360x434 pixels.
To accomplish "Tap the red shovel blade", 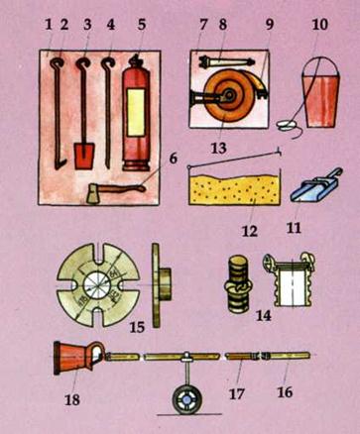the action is click(x=84, y=156).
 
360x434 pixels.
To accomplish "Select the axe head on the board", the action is click(x=94, y=194).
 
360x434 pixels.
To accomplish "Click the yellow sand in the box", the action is click(x=234, y=189).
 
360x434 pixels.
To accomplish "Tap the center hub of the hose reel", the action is click(x=229, y=96).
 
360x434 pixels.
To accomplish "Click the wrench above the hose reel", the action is click(x=226, y=61).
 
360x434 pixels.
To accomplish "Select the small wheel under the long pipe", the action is click(x=186, y=400).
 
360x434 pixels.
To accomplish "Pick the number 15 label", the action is click(x=137, y=327).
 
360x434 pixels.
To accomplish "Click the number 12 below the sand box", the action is click(x=250, y=231).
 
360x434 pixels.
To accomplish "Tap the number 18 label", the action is click(x=72, y=400).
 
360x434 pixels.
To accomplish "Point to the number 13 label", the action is click(x=219, y=148).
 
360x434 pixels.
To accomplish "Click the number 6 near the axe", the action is click(x=174, y=159).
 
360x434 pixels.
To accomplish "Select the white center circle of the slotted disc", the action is click(x=98, y=285).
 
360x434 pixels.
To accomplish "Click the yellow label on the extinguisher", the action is click(x=136, y=113).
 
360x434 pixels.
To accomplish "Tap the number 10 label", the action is click(x=320, y=25).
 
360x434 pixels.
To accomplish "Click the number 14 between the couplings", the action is click(x=264, y=315).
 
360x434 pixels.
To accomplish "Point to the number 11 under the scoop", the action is click(x=294, y=228).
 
